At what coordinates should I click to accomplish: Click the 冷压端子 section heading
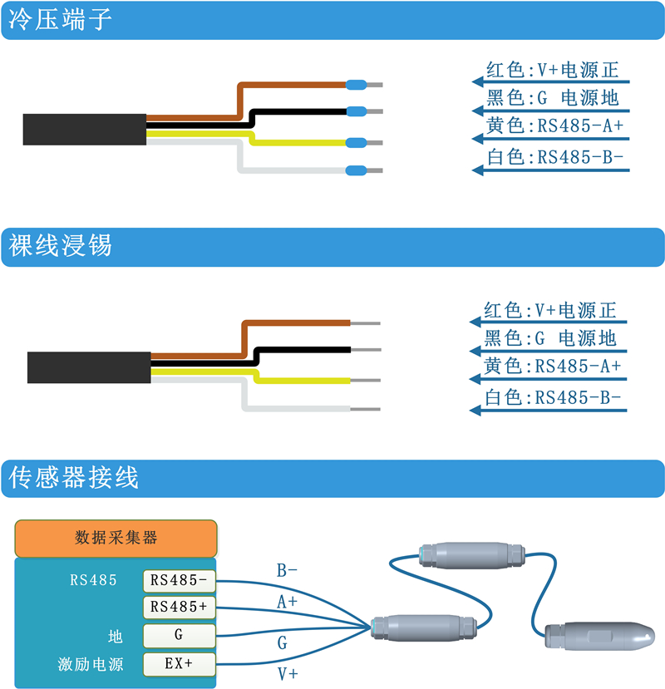point(60,20)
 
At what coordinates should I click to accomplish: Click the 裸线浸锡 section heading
point(60,245)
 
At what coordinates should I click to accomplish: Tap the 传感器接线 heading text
point(73,477)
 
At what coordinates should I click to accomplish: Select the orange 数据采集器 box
point(116,539)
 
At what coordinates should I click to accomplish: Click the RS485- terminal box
point(179,581)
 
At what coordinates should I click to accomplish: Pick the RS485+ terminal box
point(179,608)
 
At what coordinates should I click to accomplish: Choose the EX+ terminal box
point(179,664)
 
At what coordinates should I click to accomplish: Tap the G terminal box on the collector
point(179,635)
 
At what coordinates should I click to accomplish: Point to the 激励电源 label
point(91,664)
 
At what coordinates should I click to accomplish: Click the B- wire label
point(287,571)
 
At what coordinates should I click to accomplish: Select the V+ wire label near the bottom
point(288,674)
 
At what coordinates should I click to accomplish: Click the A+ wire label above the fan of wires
point(287,602)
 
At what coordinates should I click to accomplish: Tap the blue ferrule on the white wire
point(356,170)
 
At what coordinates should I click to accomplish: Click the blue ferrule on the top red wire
point(356,85)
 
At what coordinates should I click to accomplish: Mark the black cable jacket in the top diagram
point(85,130)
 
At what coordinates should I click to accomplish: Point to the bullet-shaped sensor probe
point(600,636)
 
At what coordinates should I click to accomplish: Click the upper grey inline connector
point(472,555)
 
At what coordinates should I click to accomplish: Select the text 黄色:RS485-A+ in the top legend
point(554,126)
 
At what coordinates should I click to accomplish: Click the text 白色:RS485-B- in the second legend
point(553,397)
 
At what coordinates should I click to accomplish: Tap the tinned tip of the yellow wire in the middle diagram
point(365,381)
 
